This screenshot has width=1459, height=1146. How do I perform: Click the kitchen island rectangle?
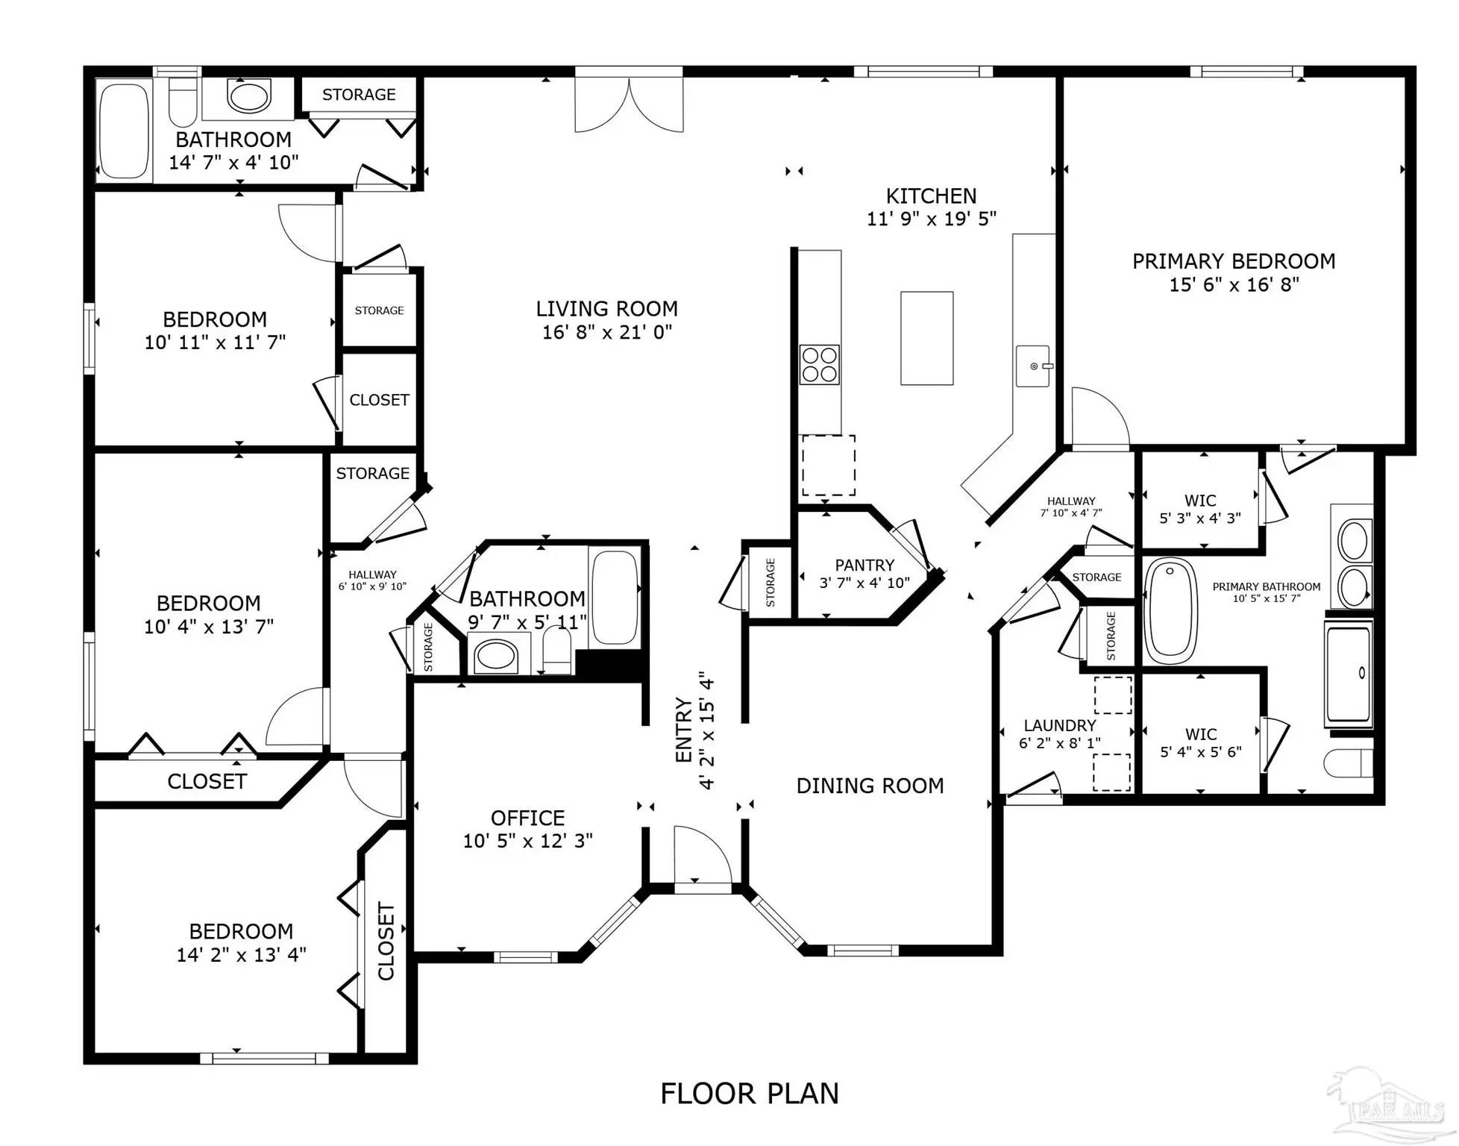click(926, 338)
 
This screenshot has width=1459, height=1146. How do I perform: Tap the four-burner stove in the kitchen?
click(819, 365)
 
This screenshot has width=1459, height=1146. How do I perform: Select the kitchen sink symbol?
click(1034, 366)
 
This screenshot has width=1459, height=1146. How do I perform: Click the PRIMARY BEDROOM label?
click(1234, 261)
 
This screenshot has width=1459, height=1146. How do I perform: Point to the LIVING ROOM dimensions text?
click(607, 332)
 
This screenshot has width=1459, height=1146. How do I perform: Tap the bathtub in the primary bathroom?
click(1170, 611)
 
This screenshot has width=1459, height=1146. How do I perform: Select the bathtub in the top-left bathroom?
click(125, 131)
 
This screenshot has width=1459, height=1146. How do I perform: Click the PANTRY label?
click(865, 565)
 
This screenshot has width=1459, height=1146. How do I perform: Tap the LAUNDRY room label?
click(1060, 725)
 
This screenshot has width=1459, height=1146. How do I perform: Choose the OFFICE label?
click(528, 818)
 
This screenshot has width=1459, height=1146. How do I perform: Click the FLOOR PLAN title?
click(750, 1094)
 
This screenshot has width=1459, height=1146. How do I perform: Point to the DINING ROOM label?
click(870, 786)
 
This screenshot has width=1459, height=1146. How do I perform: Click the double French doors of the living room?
click(629, 101)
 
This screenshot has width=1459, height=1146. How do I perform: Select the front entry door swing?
click(703, 858)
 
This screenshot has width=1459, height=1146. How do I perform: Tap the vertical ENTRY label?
click(684, 730)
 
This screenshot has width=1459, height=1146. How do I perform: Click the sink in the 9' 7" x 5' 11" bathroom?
click(496, 656)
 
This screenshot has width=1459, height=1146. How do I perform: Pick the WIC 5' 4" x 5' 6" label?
click(1201, 743)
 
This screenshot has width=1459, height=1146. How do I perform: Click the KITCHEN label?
click(931, 195)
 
